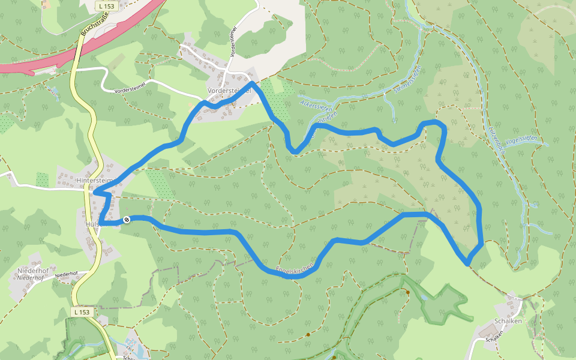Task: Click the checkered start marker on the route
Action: point(127,220)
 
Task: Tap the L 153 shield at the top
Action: point(106,6)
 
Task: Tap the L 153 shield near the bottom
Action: point(83,312)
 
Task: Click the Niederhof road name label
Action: point(66,274)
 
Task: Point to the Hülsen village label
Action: point(92,224)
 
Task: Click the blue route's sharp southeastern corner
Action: point(467,263)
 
